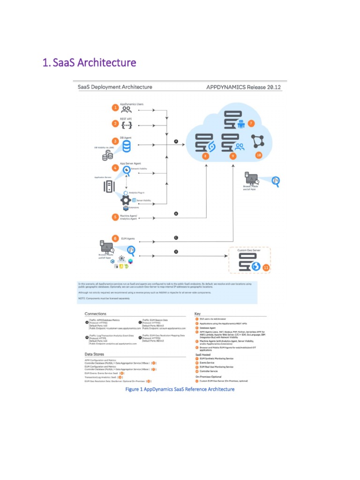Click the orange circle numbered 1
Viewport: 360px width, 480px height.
(x=115, y=108)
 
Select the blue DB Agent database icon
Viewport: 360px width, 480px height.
(x=127, y=147)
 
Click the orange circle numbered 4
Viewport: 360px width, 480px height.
(x=115, y=167)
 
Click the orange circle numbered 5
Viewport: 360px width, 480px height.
(x=115, y=217)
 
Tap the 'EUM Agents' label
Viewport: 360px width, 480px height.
(x=128, y=239)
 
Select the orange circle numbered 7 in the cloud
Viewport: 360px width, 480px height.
(x=251, y=123)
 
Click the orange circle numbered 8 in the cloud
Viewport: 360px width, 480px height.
(x=205, y=155)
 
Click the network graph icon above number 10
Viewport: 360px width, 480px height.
(x=258, y=140)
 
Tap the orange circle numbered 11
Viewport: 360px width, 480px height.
(x=266, y=268)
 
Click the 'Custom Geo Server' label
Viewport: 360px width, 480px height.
(x=248, y=250)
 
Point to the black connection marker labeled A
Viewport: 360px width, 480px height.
(x=176, y=141)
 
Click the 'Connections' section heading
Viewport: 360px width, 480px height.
(x=95, y=314)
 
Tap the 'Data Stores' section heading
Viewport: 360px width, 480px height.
(x=94, y=354)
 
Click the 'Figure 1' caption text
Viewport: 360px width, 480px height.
(x=180, y=389)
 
